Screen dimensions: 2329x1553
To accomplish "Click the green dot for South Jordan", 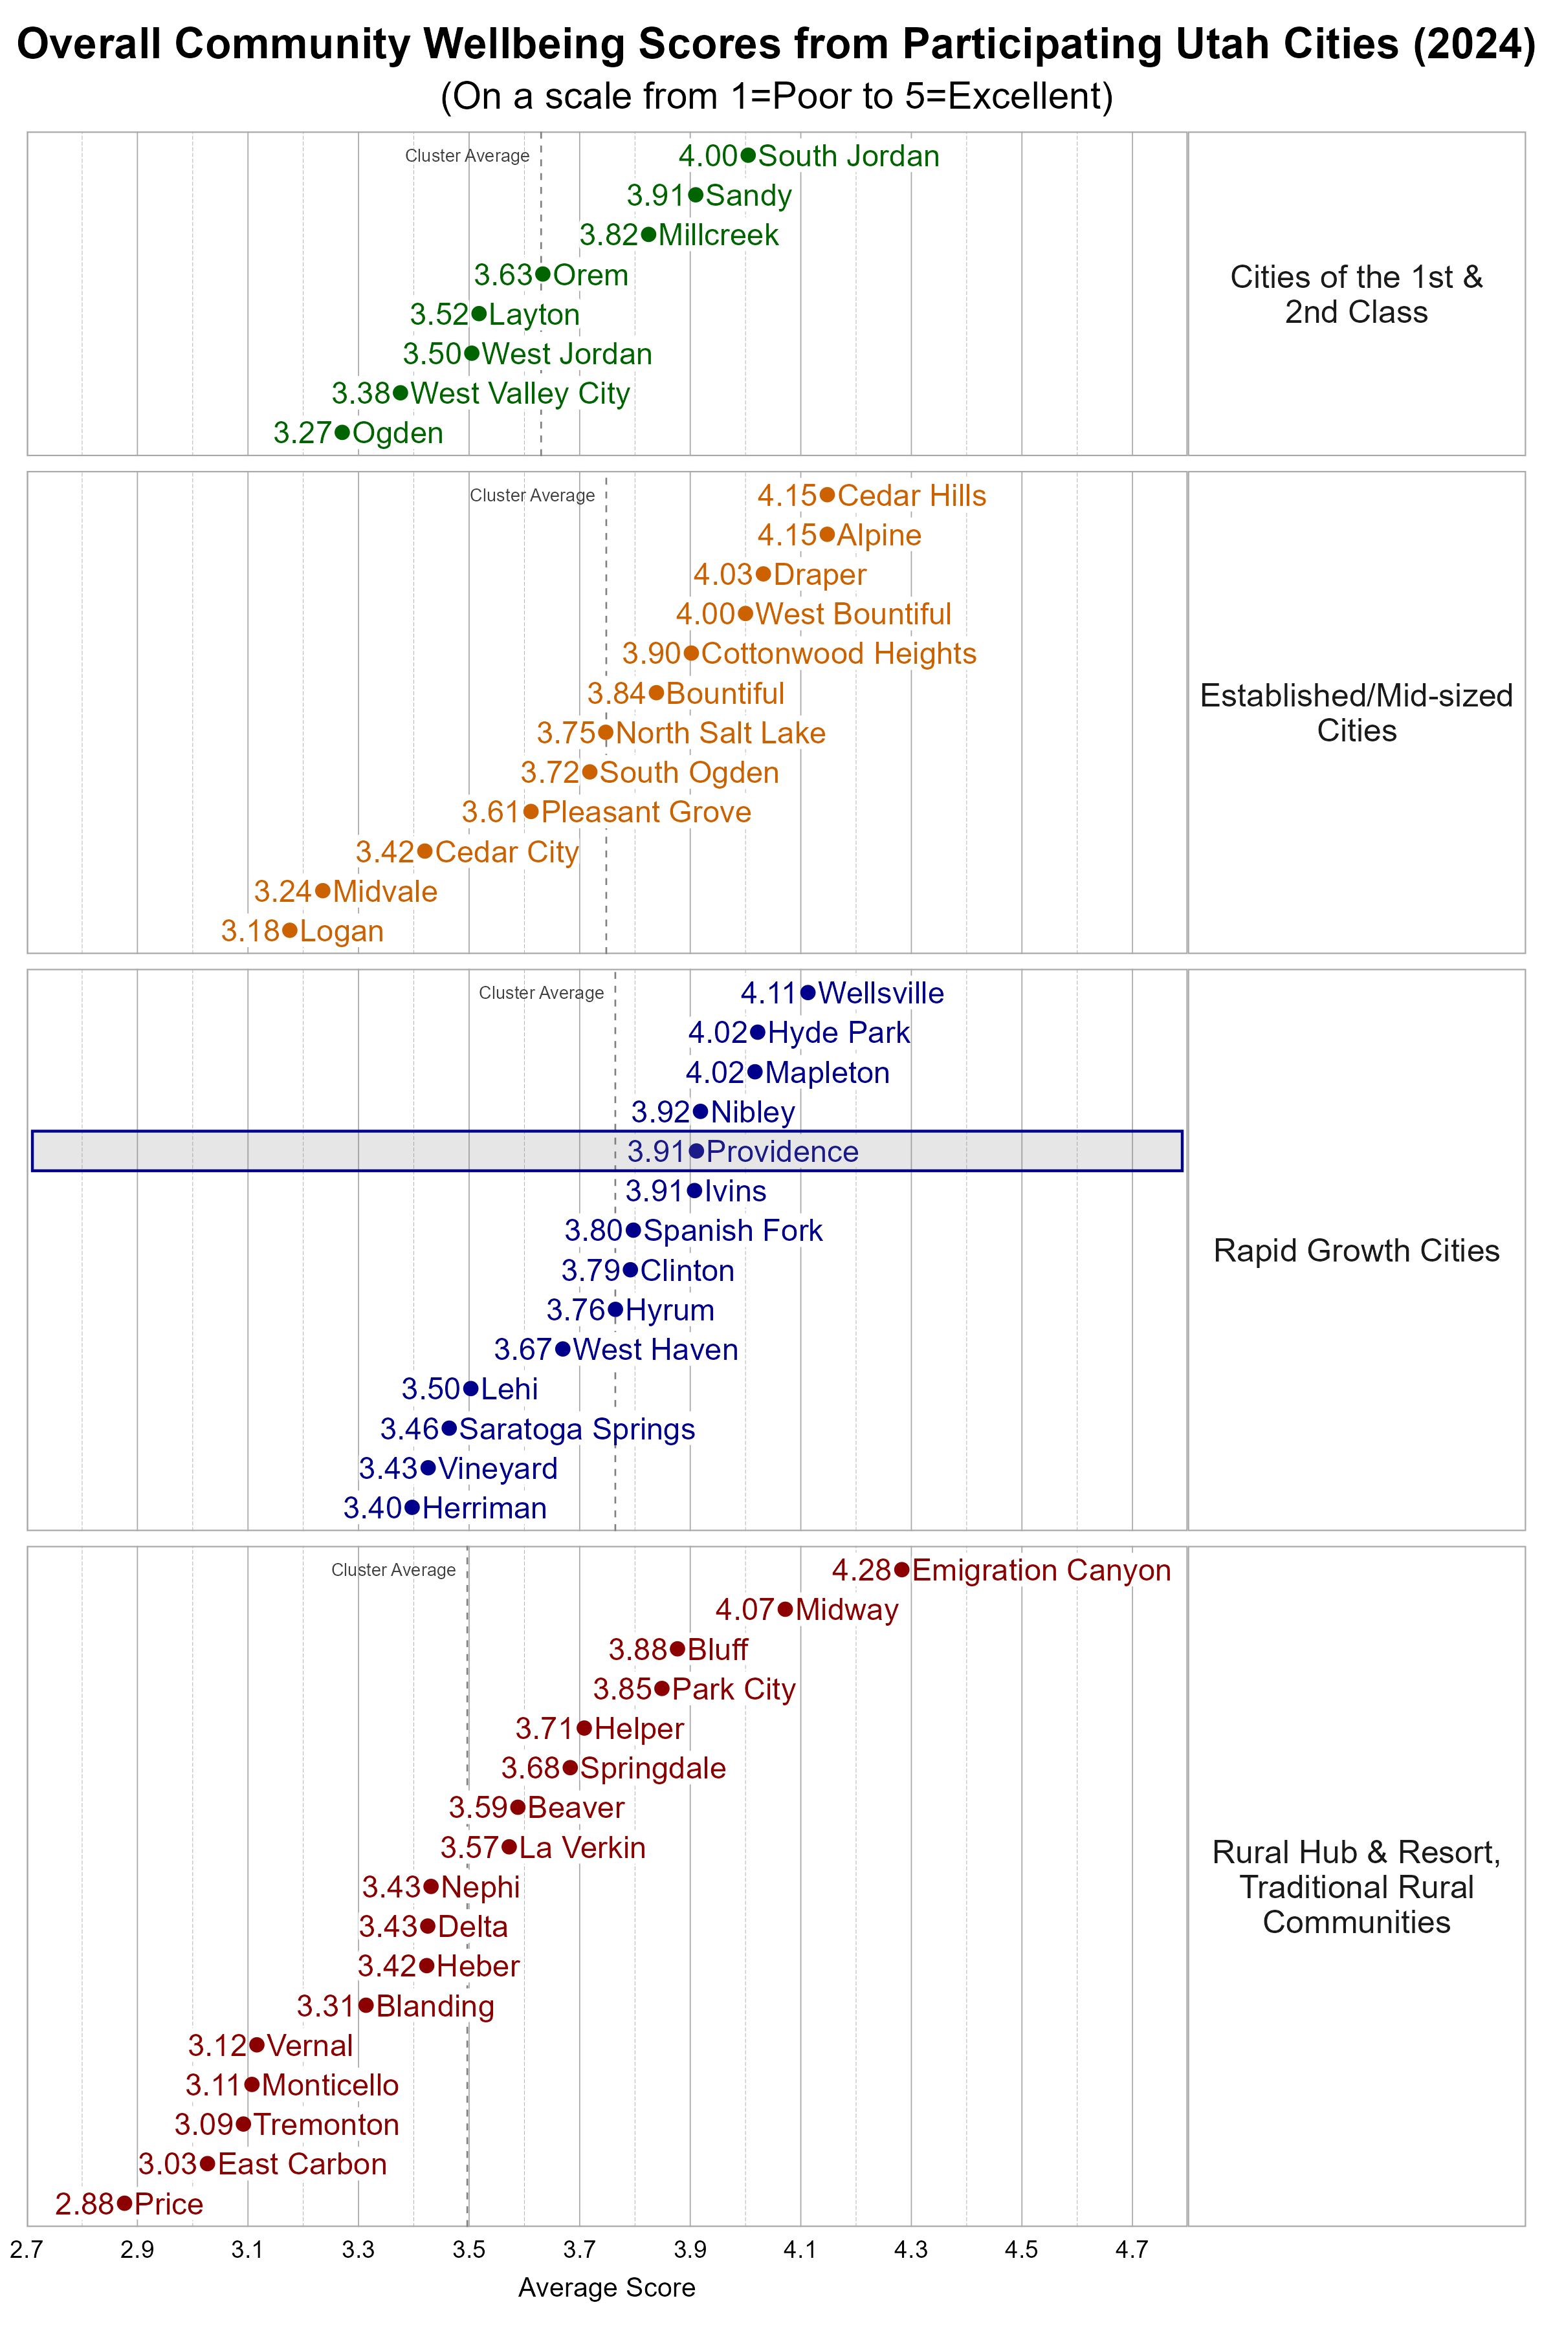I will (x=748, y=155).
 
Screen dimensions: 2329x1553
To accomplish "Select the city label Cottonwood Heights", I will (x=838, y=653).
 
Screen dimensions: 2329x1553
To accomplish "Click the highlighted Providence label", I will (x=782, y=1152).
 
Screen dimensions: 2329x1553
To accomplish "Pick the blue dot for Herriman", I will (x=412, y=1508).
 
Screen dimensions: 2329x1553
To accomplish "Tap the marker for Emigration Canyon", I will (x=901, y=1569).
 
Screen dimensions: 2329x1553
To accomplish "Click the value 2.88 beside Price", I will (x=84, y=2204).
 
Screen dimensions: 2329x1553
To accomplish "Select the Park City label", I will (x=733, y=1689).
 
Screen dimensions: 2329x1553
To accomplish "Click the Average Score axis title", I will (x=606, y=2288).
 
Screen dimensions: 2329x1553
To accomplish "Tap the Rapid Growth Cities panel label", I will (x=1356, y=1251).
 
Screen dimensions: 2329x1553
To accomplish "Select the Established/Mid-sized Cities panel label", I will (x=1356, y=713).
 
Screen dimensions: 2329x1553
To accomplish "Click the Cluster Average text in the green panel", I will (x=467, y=155).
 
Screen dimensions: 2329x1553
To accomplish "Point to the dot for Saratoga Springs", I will (x=448, y=1428).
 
